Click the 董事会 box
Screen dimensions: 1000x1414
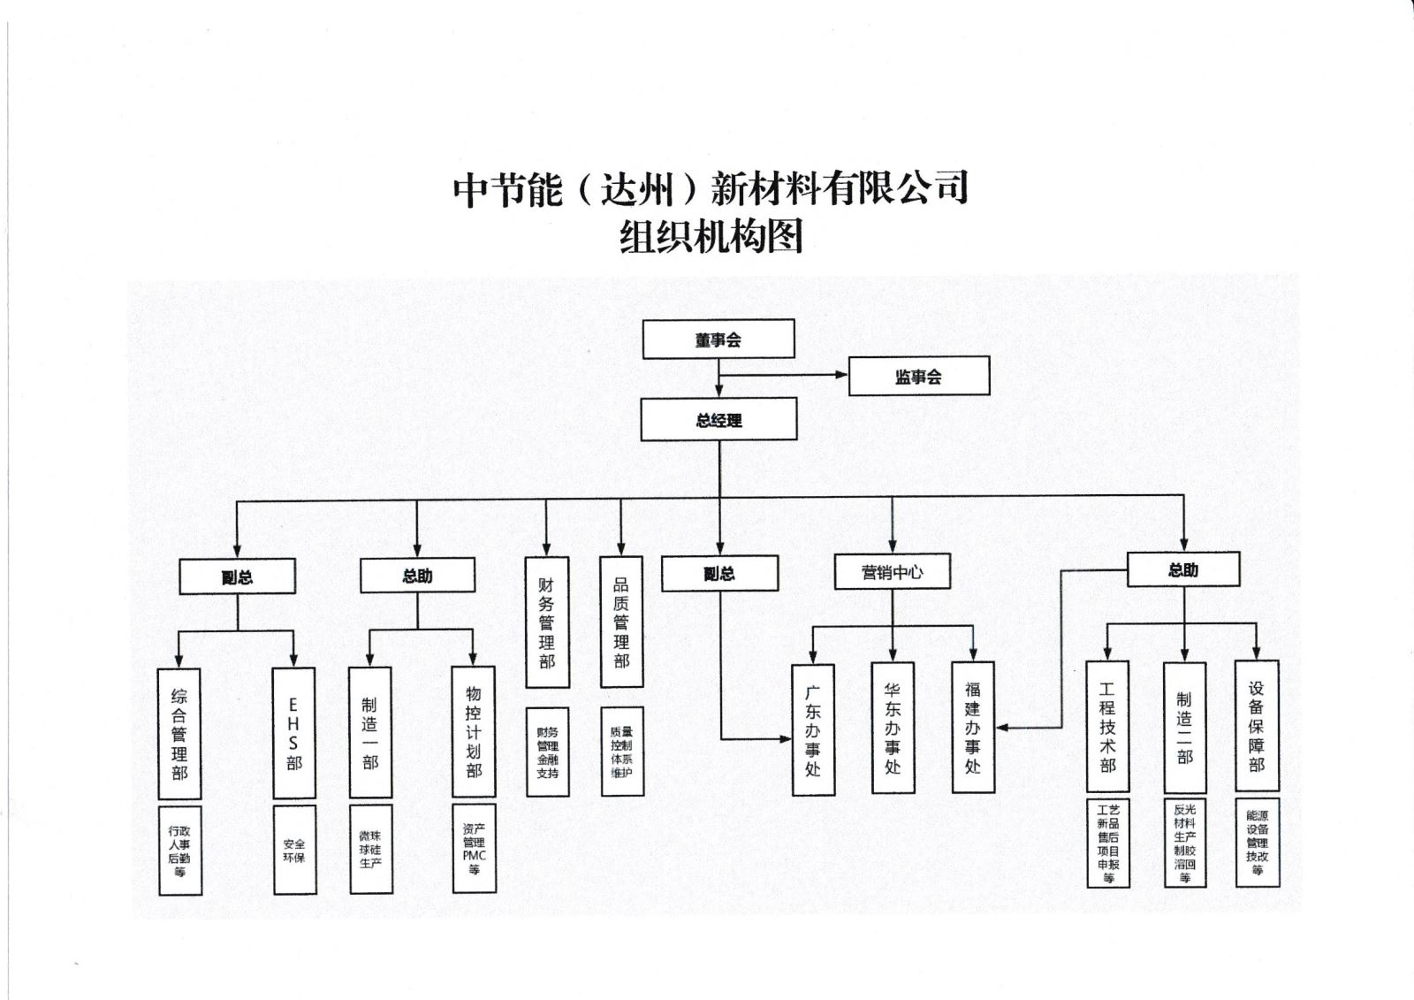(x=718, y=340)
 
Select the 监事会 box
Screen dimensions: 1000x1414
(x=918, y=377)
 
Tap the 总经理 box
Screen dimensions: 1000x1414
(x=718, y=419)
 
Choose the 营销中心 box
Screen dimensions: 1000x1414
(x=892, y=572)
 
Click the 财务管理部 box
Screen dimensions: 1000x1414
(x=547, y=622)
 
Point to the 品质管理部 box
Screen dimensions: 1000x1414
(x=621, y=622)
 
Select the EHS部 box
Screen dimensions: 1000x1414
(x=294, y=733)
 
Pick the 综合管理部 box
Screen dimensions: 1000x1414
(x=179, y=734)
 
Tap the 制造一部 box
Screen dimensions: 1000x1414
(x=370, y=732)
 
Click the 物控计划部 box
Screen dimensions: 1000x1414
(x=474, y=731)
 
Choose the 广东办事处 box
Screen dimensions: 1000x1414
(x=813, y=729)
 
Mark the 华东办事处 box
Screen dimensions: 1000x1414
(x=893, y=728)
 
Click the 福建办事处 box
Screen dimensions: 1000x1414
(x=973, y=727)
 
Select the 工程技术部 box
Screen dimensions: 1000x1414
(x=1107, y=726)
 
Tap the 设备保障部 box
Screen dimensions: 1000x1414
(x=1257, y=725)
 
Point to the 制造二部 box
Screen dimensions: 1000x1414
(x=1184, y=727)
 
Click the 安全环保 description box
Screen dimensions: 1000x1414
(x=294, y=850)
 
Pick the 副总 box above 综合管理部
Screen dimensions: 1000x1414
(x=237, y=576)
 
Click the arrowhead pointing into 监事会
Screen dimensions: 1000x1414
(x=842, y=375)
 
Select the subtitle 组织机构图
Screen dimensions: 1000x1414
(x=711, y=237)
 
